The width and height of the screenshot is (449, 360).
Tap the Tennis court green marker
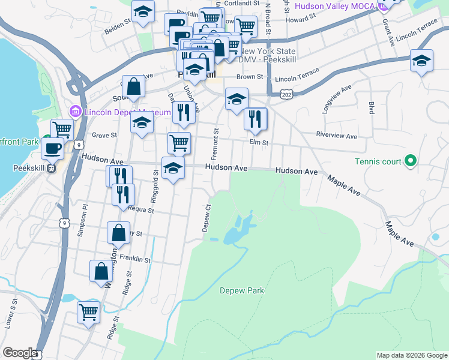(411, 161)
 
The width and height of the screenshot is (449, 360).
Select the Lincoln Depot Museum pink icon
(76, 112)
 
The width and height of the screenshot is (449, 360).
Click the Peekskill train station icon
(52, 167)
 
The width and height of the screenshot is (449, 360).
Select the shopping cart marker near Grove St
(62, 128)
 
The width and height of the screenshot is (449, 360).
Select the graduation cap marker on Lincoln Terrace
(422, 61)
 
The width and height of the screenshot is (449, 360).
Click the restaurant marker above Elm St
(256, 119)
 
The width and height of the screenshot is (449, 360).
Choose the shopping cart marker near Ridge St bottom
(88, 311)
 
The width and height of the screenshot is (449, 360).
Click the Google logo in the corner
(20, 353)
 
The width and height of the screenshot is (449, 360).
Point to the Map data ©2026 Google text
(411, 355)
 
